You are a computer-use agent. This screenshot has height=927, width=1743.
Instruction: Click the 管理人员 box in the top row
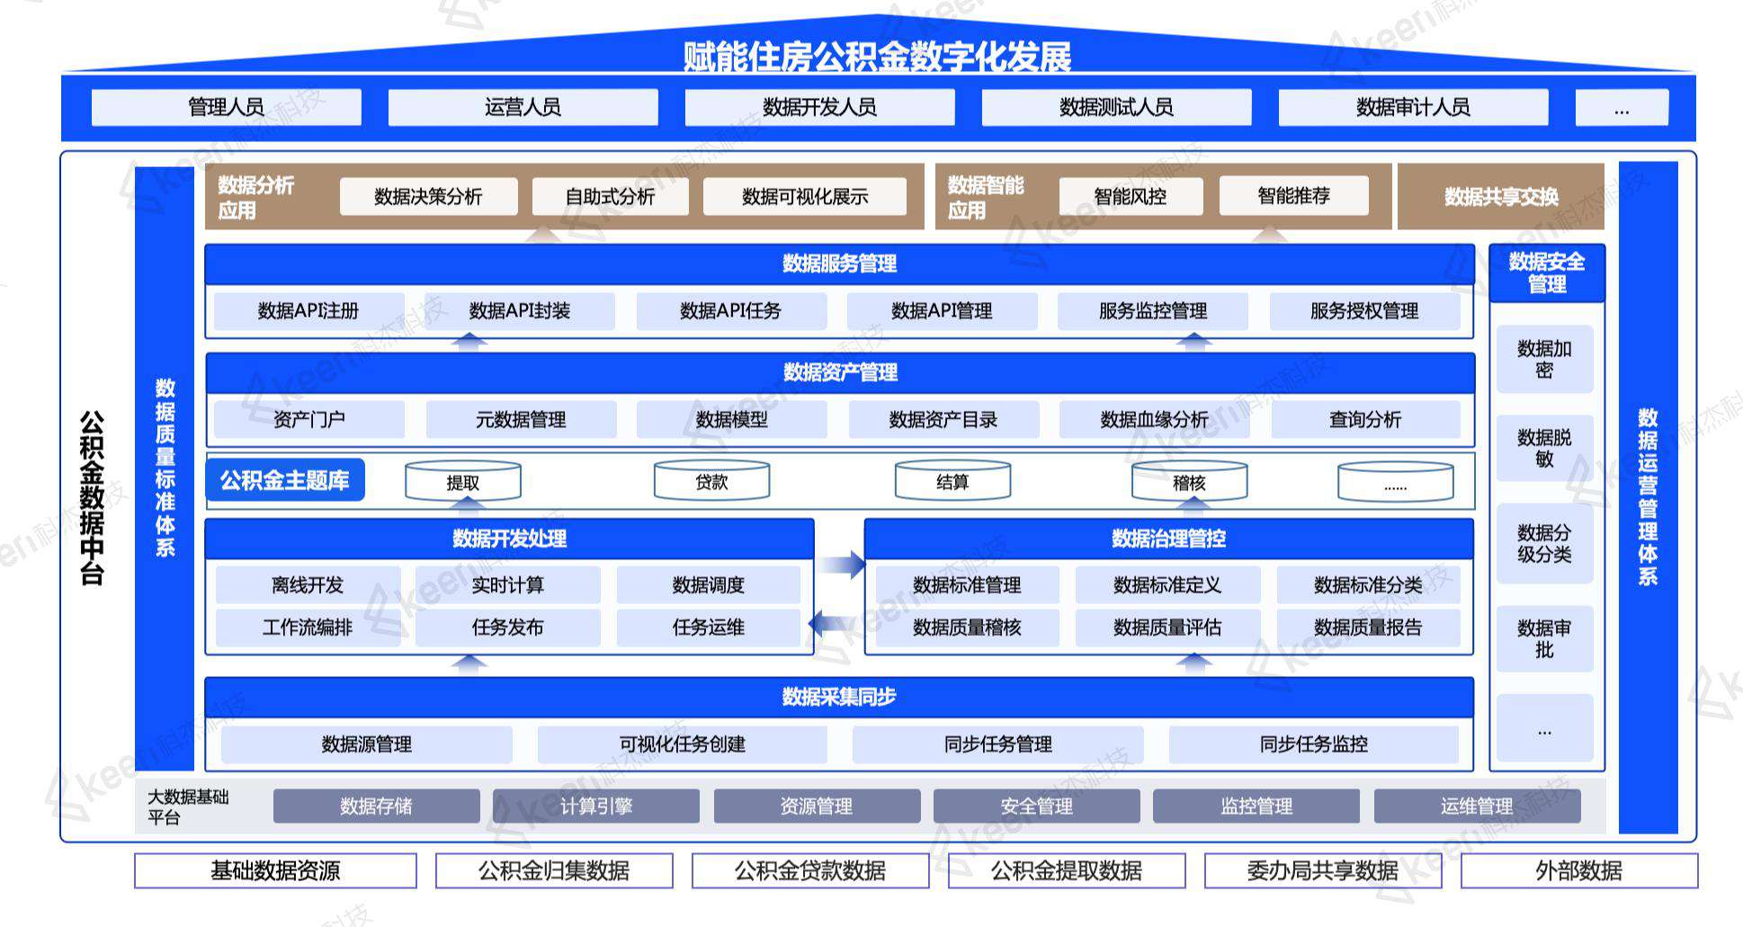tap(226, 107)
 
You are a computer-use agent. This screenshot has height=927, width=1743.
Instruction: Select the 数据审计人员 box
tap(1413, 107)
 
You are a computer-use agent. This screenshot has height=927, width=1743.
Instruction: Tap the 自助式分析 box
tap(610, 196)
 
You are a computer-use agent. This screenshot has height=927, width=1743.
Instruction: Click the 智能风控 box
tap(1131, 196)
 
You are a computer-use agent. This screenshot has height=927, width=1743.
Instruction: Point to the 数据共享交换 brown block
tap(1500, 196)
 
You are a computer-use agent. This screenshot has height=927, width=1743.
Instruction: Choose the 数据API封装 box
tap(520, 311)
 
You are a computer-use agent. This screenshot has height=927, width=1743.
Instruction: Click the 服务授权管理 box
tap(1364, 311)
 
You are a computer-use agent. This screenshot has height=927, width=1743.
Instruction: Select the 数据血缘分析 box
tap(1154, 420)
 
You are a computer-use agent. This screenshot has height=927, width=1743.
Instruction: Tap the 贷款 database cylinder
tap(711, 481)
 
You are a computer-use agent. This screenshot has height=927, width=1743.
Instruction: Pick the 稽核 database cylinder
tap(1189, 482)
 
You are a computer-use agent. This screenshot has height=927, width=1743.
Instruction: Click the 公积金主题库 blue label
tap(284, 480)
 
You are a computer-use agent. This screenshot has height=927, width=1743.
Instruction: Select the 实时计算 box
tap(508, 585)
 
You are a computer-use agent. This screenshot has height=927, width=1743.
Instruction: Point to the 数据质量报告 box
tap(1368, 628)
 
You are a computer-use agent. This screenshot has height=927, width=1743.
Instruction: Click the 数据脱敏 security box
tap(1544, 448)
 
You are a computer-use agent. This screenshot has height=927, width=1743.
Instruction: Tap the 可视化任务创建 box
tap(682, 744)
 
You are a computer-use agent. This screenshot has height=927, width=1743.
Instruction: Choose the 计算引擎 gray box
tap(595, 806)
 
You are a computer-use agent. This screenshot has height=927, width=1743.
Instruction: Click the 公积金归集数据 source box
tap(554, 870)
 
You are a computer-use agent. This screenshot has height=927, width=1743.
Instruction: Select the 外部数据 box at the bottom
tap(1578, 870)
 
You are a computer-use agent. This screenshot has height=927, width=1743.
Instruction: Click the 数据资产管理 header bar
tap(839, 372)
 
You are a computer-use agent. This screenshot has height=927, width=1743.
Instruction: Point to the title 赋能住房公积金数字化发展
tap(877, 57)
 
